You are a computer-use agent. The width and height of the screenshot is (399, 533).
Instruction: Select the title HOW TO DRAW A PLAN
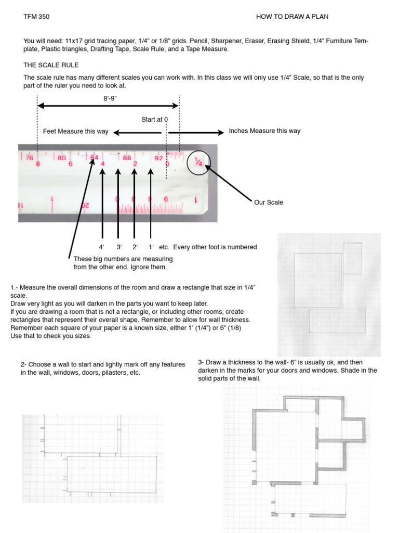pyautogui.click(x=292, y=17)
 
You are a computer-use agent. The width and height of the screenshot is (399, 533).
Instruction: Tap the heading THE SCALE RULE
pyautogui.click(x=51, y=65)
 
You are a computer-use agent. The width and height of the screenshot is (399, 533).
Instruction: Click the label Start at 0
pyautogui.click(x=154, y=119)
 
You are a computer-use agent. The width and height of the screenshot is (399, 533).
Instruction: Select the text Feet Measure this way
pyautogui.click(x=75, y=131)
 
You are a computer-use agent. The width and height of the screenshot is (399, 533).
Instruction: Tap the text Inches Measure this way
pyautogui.click(x=264, y=131)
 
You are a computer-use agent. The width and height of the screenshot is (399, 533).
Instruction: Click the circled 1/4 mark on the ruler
pyautogui.click(x=198, y=161)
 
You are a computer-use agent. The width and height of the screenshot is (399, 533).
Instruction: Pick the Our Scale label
pyautogui.click(x=269, y=202)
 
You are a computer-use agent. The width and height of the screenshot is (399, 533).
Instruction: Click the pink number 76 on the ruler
pyautogui.click(x=30, y=157)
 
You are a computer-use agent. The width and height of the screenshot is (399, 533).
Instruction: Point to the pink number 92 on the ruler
pyautogui.click(x=157, y=157)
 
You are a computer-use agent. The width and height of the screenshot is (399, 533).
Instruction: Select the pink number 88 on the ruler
pyautogui.click(x=127, y=157)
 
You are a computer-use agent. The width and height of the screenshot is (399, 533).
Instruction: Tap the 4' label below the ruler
pyautogui.click(x=101, y=247)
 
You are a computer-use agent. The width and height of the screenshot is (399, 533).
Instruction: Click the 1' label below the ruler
pyautogui.click(x=151, y=247)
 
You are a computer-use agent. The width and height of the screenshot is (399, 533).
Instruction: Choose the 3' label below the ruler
pyautogui.click(x=118, y=247)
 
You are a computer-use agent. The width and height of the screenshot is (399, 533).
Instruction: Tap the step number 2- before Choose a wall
pyautogui.click(x=24, y=365)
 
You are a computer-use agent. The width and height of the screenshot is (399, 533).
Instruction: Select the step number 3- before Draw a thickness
pyautogui.click(x=201, y=362)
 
